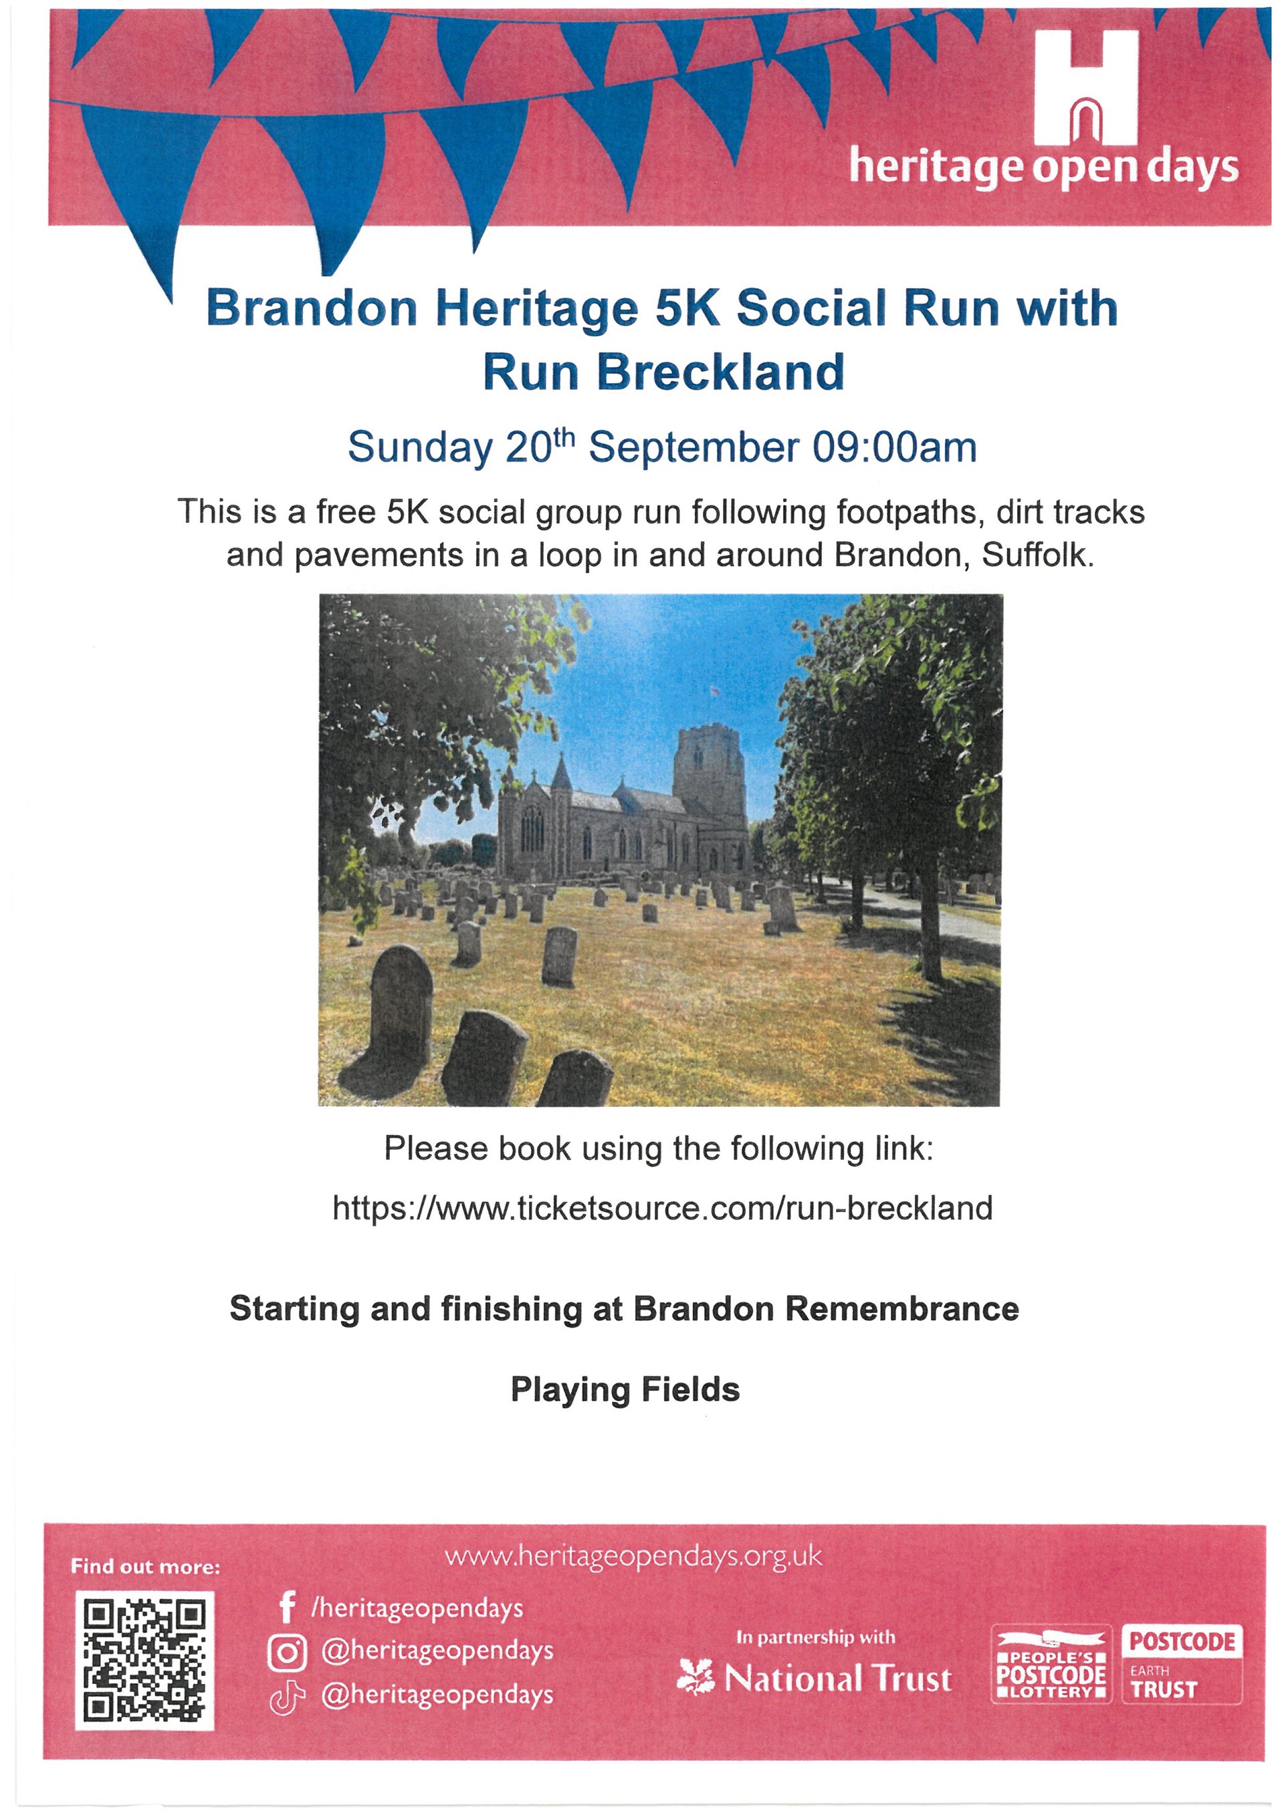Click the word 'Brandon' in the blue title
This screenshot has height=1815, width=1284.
pyautogui.click(x=312, y=308)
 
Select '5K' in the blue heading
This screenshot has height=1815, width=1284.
pyautogui.click(x=688, y=308)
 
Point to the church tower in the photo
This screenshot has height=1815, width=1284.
pyautogui.click(x=710, y=779)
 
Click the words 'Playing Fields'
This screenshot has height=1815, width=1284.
pyautogui.click(x=625, y=1390)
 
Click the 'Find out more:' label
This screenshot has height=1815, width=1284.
pyautogui.click(x=146, y=1567)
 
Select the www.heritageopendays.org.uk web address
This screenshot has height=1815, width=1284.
pyautogui.click(x=633, y=1556)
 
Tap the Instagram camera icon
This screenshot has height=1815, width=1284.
pyautogui.click(x=287, y=1654)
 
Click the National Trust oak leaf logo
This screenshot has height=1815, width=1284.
pyautogui.click(x=695, y=1677)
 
